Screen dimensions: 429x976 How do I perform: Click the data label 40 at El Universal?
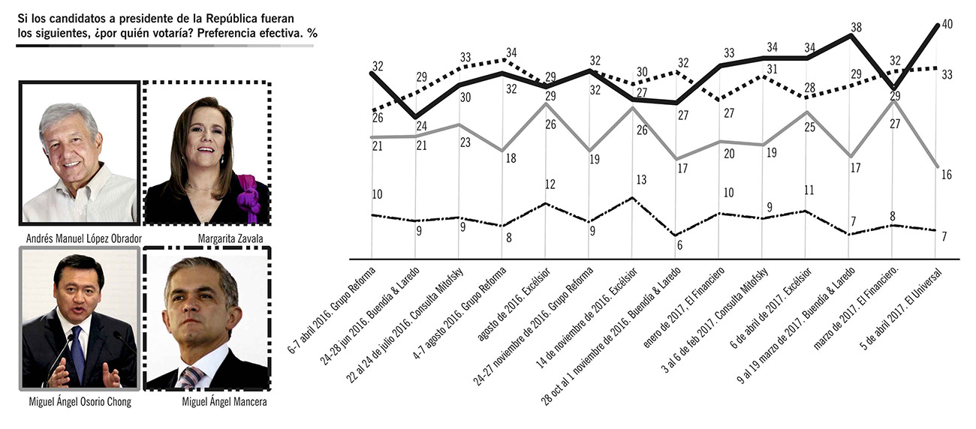(947, 25)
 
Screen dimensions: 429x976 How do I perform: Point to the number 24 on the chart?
(421, 125)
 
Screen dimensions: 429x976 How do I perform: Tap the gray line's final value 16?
(946, 175)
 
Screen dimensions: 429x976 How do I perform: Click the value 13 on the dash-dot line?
(640, 179)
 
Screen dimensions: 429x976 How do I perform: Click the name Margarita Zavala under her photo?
(206, 239)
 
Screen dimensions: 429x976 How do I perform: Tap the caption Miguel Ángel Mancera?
(206, 402)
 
